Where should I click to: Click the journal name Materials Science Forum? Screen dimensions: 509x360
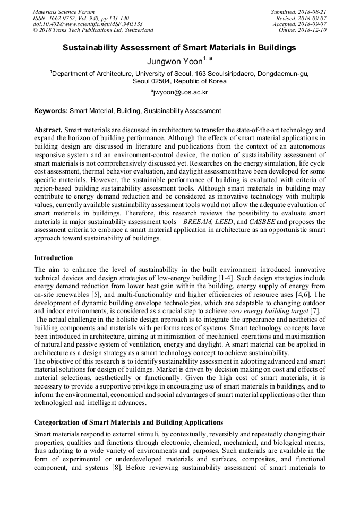[x=64, y=12]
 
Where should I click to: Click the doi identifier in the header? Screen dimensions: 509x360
[x=88, y=24]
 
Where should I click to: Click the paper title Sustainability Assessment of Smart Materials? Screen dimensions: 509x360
[x=179, y=48]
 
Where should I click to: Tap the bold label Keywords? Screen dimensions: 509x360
[x=51, y=111]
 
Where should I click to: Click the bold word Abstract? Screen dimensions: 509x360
[x=48, y=130]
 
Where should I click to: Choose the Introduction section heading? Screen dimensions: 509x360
[x=54, y=258]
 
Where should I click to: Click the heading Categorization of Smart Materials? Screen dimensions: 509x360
[x=128, y=422]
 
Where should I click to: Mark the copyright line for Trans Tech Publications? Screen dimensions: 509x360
[x=93, y=30]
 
